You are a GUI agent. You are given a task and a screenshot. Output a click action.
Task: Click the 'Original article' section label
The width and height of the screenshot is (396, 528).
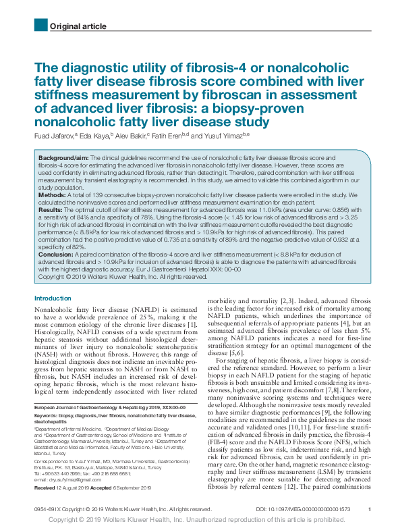[x=78, y=26]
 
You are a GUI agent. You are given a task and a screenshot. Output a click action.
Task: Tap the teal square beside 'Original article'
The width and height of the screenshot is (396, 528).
[x=40, y=25]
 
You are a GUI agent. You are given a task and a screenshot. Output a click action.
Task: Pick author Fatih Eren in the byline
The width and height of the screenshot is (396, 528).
[x=166, y=136]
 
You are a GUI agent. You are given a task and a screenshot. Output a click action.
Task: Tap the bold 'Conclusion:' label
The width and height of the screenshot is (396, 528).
[x=56, y=255]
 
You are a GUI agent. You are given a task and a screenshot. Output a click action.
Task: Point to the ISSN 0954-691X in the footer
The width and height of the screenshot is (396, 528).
[x=50, y=508]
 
